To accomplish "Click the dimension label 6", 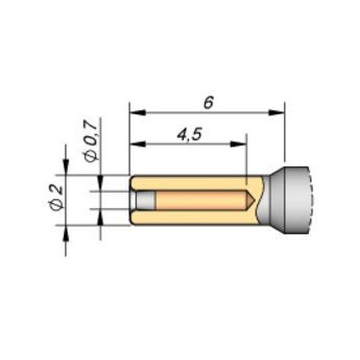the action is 209,102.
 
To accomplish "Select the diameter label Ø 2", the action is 56,197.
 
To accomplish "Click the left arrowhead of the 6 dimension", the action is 138,113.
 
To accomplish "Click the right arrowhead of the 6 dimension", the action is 276,113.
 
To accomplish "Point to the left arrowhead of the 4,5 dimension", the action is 138,144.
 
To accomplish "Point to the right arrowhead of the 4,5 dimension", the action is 238,144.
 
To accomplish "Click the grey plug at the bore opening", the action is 145,200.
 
